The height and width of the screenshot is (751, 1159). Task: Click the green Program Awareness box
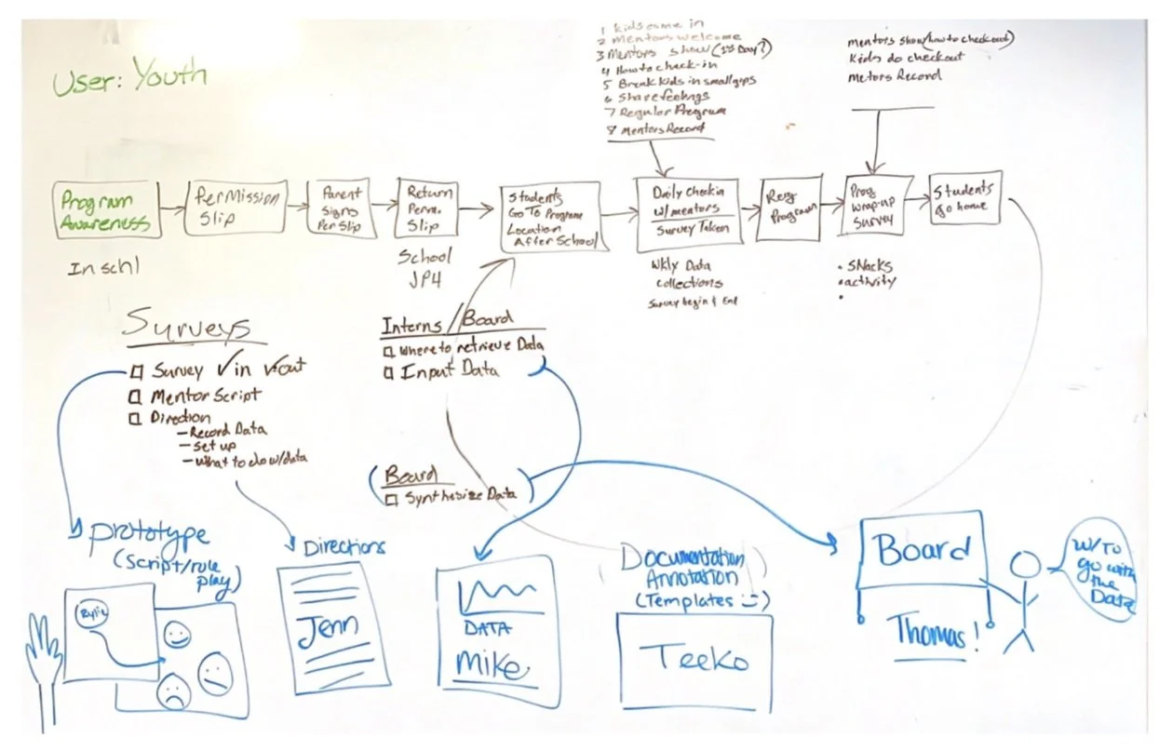pos(106,211)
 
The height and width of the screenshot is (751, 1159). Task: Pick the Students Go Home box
pos(966,197)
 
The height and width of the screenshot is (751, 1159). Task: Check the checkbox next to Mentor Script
pos(137,396)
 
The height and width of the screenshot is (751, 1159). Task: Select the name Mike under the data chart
pos(491,664)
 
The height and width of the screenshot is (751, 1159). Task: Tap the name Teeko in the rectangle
pos(694,660)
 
